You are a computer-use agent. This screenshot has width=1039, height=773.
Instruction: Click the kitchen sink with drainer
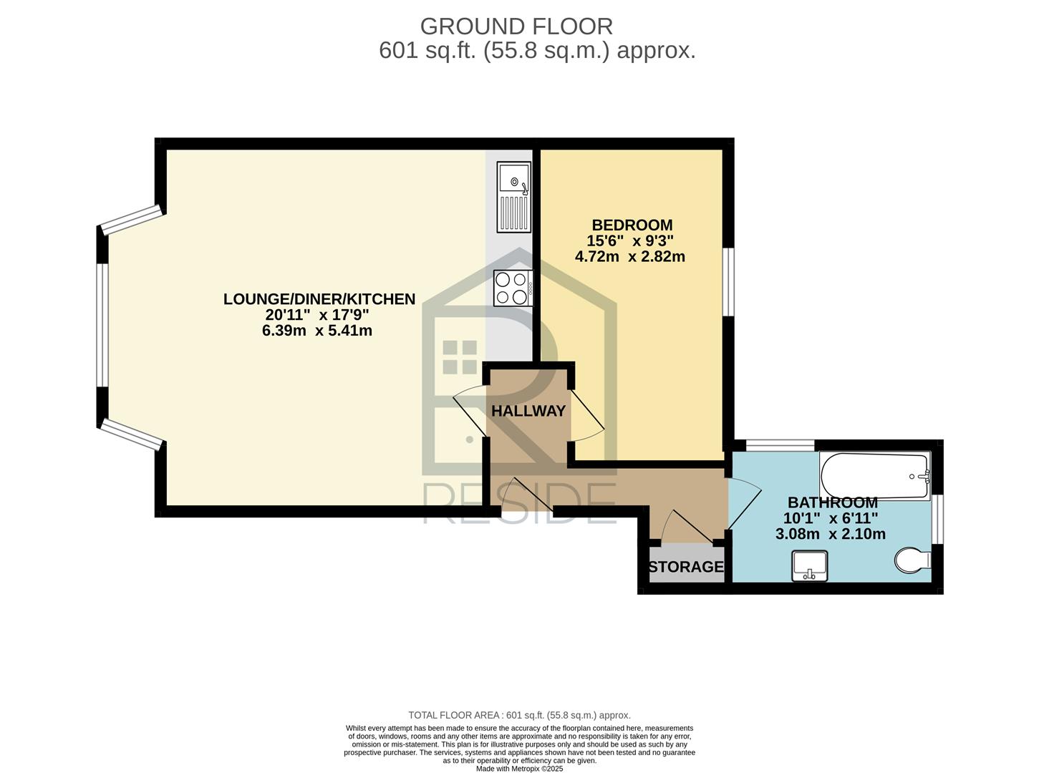(x=514, y=197)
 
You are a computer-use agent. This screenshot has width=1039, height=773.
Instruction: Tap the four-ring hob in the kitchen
(x=513, y=288)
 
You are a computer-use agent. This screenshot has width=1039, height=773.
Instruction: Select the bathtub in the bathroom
(x=875, y=476)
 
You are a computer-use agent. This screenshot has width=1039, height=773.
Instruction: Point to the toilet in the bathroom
(x=912, y=560)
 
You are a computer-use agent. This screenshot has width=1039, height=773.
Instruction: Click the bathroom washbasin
(x=809, y=566)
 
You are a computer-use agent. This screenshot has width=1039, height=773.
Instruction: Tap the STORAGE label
(x=686, y=567)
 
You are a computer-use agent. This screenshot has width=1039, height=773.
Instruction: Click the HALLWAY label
(x=528, y=411)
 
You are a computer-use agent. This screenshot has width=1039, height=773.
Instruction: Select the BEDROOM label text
(x=632, y=225)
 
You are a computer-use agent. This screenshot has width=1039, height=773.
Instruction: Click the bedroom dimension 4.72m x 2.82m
(x=629, y=256)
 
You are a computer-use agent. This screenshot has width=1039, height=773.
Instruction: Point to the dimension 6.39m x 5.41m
(x=317, y=331)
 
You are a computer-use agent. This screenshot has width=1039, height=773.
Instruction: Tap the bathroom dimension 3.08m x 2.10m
(x=830, y=534)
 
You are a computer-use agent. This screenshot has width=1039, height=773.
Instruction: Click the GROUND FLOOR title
(x=516, y=26)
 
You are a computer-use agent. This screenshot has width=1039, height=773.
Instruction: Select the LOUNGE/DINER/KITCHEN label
(x=319, y=298)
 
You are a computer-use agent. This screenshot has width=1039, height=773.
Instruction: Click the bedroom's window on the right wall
(x=728, y=282)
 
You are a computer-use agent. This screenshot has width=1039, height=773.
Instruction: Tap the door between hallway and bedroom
(x=586, y=415)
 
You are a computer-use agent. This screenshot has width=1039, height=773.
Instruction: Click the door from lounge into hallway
(x=470, y=410)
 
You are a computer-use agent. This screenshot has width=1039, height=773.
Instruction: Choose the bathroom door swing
(x=743, y=504)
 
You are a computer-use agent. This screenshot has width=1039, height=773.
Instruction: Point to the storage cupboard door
(x=685, y=527)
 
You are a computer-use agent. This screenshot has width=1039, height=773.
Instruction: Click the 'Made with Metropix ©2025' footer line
(x=519, y=768)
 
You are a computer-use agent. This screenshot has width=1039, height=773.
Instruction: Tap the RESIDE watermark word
(x=520, y=503)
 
